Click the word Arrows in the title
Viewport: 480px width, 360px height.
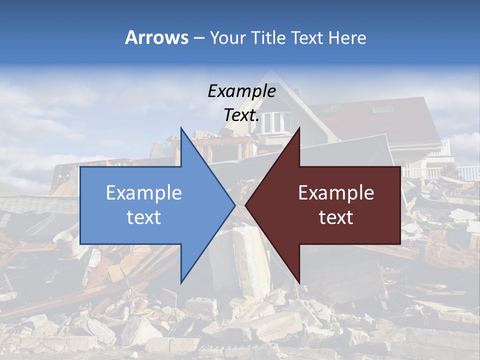156,37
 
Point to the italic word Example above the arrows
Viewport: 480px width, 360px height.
241,91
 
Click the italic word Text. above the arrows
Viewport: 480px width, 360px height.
241,115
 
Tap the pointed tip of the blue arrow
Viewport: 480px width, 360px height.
234,205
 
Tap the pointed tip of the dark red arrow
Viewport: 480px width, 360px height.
245,205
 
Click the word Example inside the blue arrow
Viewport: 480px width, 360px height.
143,193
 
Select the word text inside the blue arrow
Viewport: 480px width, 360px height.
143,217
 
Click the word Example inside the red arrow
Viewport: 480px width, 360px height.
336,193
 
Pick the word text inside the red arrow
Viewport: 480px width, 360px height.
336,217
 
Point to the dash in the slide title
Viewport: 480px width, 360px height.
198,38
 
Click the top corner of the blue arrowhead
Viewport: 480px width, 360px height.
181,128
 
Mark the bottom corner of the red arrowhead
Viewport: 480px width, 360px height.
299,283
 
